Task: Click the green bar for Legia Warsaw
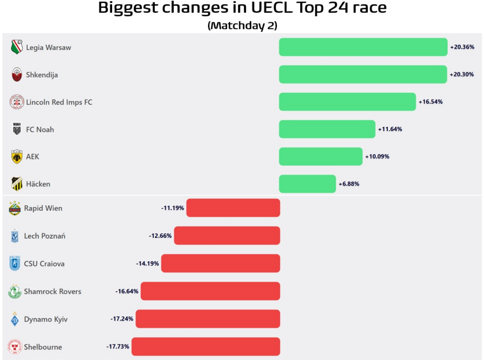(363, 47)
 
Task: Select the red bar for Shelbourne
(206, 346)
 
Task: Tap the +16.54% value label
(430, 102)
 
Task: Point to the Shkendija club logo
(17, 75)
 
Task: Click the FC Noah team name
(40, 129)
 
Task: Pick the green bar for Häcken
(307, 184)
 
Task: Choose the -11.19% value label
(173, 208)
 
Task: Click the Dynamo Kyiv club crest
(14, 319)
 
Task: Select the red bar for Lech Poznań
(227, 235)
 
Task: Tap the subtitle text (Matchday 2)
(242, 25)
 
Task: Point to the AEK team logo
(17, 157)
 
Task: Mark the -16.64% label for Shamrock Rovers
(127, 291)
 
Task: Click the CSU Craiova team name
(44, 264)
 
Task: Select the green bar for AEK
(321, 156)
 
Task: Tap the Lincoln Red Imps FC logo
(17, 102)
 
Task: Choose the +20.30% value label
(462, 74)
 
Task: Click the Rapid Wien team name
(43, 208)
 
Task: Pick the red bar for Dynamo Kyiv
(208, 319)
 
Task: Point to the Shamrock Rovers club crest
(14, 292)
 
